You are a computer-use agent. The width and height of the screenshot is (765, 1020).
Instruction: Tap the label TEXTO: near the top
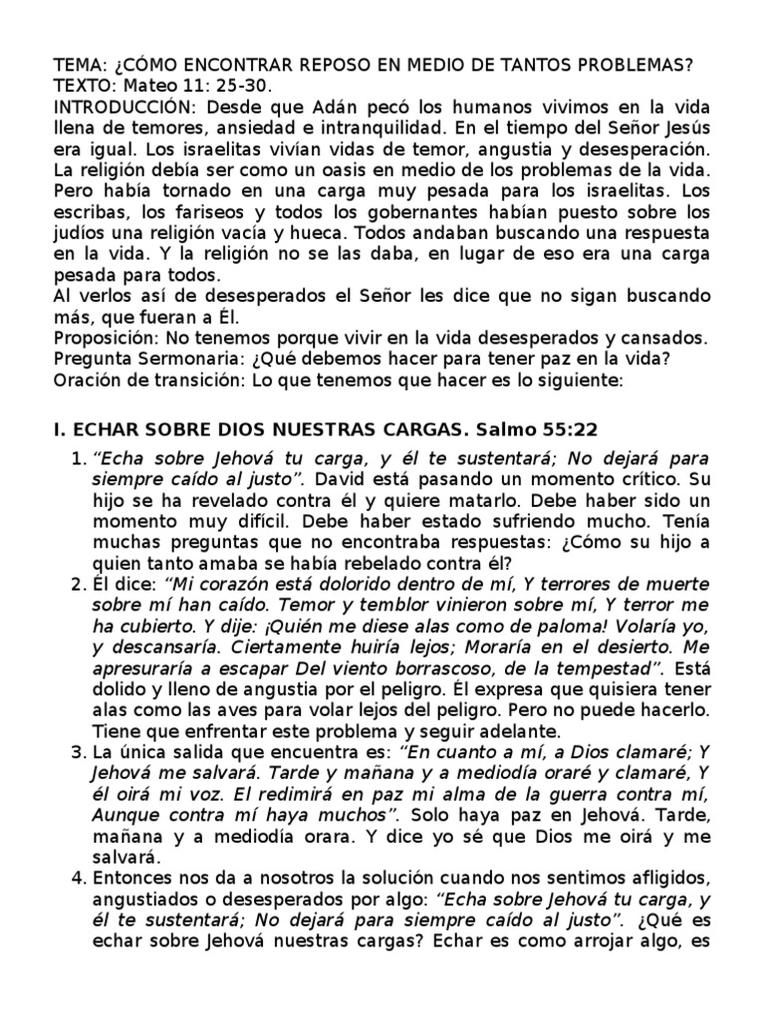coord(86,87)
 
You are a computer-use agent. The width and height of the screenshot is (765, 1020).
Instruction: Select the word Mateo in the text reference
coord(151,87)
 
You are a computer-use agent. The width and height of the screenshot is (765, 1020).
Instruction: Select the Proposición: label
coord(101,338)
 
